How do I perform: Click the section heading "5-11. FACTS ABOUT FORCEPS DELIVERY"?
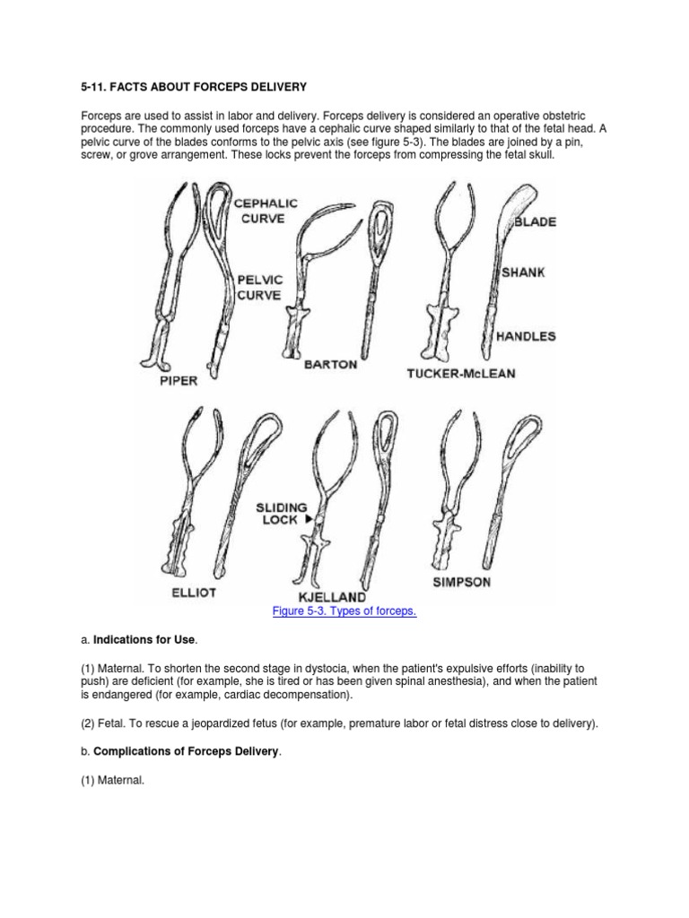[x=194, y=87]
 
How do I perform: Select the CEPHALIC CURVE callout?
[x=266, y=212]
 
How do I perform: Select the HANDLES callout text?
[x=526, y=337]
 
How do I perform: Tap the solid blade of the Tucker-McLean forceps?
[x=511, y=202]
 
